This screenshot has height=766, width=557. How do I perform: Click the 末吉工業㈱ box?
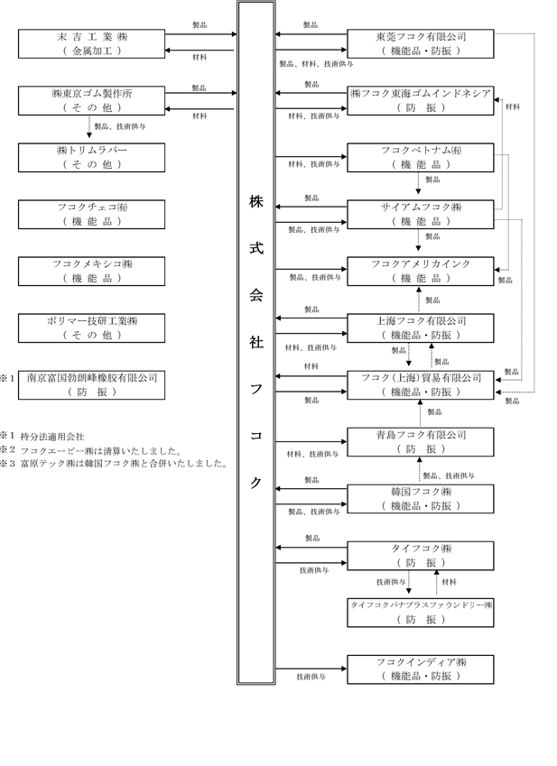(91, 43)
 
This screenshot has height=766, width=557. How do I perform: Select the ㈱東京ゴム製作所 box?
(91, 101)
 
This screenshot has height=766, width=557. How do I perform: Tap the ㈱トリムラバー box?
(91, 157)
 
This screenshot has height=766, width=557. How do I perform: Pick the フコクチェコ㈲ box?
(91, 215)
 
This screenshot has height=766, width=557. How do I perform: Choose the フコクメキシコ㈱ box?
(91, 272)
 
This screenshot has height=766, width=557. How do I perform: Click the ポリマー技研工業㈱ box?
(91, 328)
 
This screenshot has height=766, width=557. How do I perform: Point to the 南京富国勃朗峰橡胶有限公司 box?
(91, 385)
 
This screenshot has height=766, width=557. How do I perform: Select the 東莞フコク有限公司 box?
(420, 43)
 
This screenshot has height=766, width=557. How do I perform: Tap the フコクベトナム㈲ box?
(420, 157)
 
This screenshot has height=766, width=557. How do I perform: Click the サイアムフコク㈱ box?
(420, 215)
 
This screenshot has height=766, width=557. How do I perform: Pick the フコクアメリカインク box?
(420, 272)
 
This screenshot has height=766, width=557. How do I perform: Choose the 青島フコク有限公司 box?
(420, 442)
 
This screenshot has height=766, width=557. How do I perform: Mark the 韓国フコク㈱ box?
(420, 499)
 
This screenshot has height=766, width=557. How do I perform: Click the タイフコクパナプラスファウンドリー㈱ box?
(420, 613)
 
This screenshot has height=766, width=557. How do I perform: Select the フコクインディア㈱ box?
(420, 669)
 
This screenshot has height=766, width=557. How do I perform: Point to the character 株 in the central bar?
(256, 202)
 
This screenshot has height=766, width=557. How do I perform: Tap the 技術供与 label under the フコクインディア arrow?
(311, 677)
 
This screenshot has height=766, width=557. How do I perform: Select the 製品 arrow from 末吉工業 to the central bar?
(200, 34)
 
